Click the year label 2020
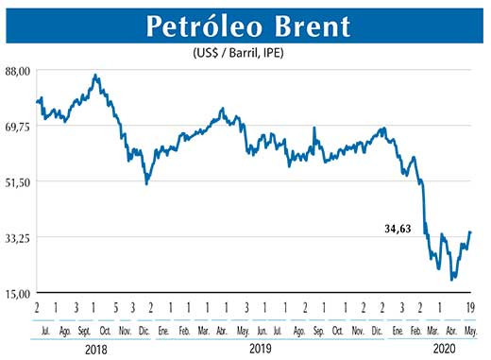pos(442,348)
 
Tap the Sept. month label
pos(84,331)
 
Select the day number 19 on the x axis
pos(470,309)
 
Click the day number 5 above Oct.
pos(114,309)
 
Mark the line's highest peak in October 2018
pos(95,75)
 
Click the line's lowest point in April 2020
pos(452,280)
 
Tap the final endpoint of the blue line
pos(471,232)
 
